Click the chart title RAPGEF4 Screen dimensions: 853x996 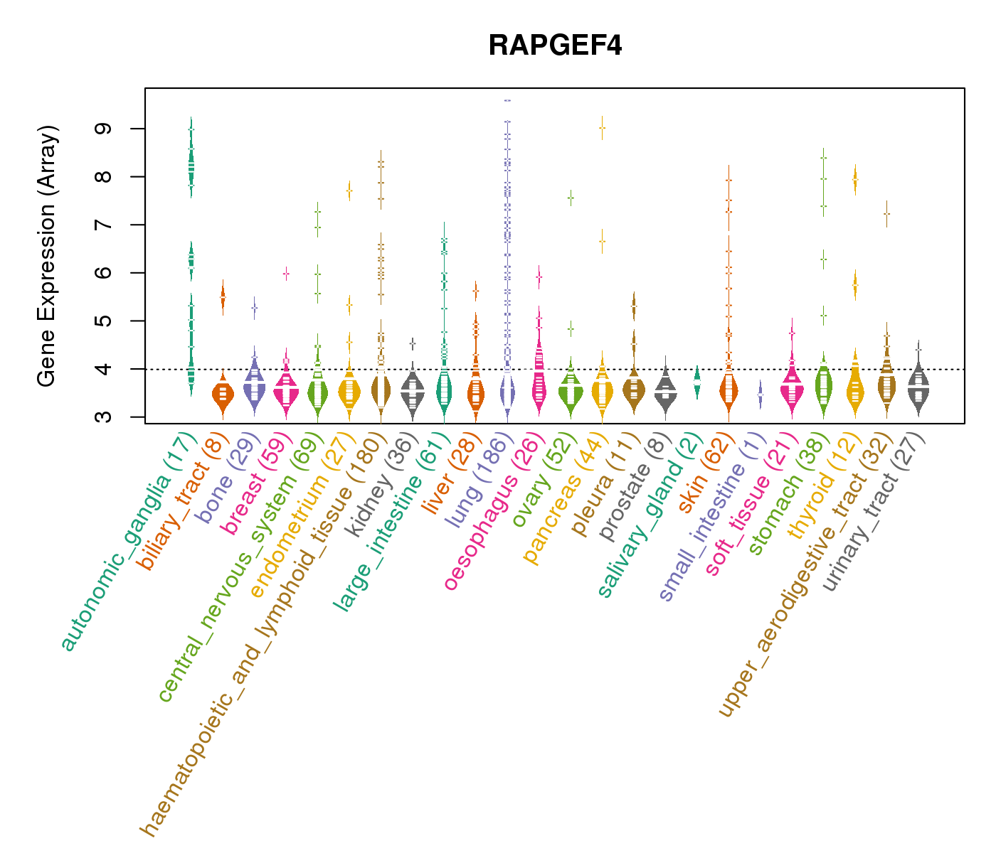(555, 45)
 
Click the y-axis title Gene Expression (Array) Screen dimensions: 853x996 (47, 256)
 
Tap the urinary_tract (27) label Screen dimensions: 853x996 (874, 512)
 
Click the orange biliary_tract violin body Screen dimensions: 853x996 (223, 394)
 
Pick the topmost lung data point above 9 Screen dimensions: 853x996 (507, 101)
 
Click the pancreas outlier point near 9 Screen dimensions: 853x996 (602, 128)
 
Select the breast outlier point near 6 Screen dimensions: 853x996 (286, 273)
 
